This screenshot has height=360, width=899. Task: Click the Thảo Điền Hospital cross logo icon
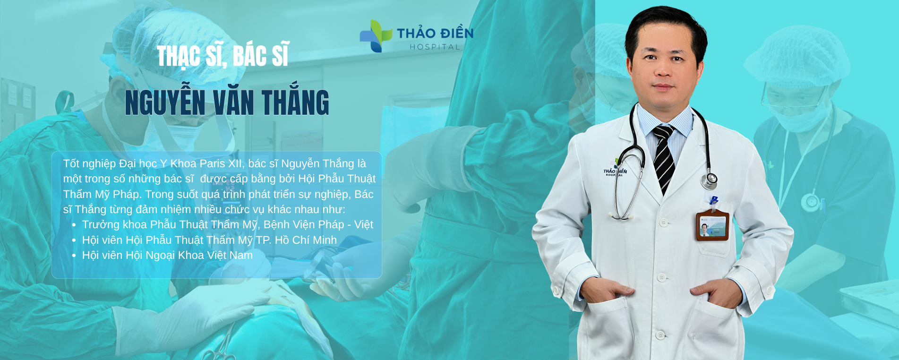coord(376,36)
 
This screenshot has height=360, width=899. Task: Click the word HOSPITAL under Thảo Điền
coord(435,47)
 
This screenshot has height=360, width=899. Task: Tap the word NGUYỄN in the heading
coord(165,103)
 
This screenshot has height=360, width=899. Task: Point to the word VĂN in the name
coord(234,102)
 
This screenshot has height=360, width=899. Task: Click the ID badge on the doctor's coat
coord(712,226)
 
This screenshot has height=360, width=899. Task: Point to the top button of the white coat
coord(664,222)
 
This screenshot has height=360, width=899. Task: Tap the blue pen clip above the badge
coord(714,201)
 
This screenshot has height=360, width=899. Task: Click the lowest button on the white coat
coord(660,335)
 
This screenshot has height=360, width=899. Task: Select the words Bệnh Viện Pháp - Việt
coord(318,224)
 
